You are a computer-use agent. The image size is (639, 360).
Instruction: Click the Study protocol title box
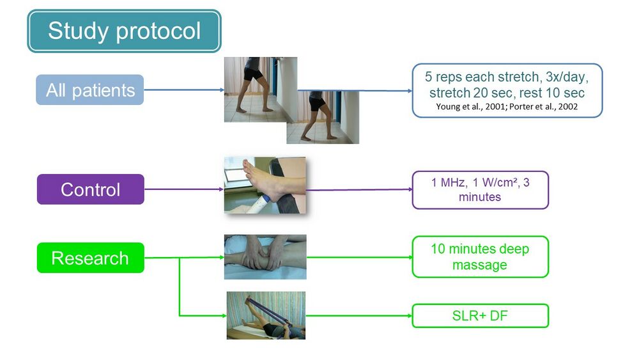click(125, 31)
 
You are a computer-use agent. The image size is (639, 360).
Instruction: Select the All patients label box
click(89, 90)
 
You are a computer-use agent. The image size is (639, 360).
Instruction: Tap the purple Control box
click(91, 189)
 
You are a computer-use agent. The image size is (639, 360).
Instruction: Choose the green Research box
click(91, 258)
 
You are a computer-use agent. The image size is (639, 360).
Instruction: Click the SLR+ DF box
click(480, 316)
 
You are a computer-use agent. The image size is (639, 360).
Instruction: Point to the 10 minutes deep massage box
click(480, 257)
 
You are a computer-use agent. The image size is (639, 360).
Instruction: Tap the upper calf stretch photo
click(261, 90)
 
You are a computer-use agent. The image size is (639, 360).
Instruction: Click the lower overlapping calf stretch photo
click(323, 118)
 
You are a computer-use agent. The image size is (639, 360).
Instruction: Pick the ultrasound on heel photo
click(265, 185)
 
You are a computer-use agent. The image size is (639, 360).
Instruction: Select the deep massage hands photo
click(265, 257)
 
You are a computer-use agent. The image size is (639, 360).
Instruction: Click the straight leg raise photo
click(266, 316)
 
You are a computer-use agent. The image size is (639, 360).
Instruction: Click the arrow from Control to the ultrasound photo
click(184, 189)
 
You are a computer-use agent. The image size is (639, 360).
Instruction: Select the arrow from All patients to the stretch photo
click(184, 90)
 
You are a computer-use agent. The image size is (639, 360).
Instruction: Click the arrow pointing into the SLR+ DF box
click(359, 316)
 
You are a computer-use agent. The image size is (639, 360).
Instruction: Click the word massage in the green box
click(480, 265)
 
